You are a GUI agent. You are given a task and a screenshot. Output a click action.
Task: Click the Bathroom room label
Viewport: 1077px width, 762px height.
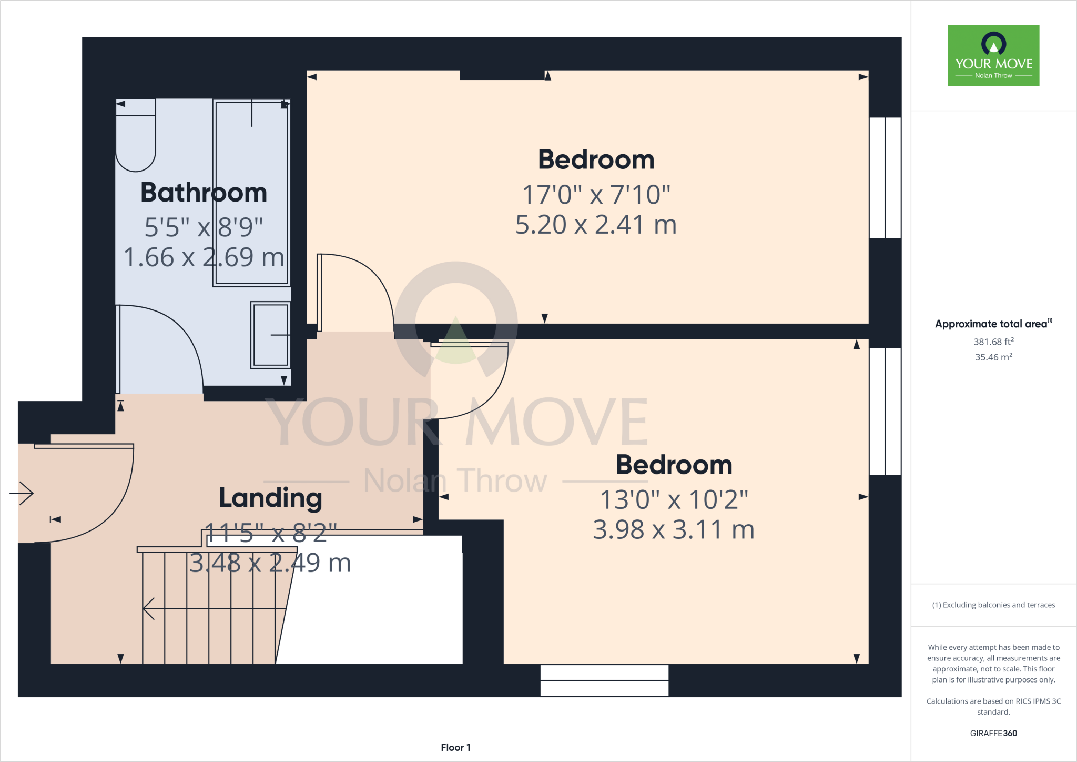(204, 193)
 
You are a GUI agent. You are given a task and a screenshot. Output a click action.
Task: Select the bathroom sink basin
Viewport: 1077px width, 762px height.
(270, 335)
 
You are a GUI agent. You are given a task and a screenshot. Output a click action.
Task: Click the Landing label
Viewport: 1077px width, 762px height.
(270, 498)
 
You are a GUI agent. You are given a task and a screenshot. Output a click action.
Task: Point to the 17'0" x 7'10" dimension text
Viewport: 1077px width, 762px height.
(596, 195)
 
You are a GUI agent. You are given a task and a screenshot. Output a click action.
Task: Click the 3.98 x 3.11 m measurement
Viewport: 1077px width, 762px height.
(674, 530)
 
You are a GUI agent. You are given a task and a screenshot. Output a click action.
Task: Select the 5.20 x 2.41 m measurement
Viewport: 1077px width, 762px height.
(596, 225)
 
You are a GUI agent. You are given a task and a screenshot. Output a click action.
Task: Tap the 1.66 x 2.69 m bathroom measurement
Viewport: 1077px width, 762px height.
(204, 258)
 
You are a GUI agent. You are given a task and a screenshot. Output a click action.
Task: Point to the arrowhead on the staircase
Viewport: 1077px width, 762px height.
(149, 609)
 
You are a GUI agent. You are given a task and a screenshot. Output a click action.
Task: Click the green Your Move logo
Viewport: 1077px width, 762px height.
(993, 55)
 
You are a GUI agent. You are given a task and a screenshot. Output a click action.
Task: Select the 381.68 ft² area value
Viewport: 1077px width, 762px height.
(993, 342)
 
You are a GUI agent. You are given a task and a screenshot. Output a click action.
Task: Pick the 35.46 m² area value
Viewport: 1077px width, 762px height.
(993, 357)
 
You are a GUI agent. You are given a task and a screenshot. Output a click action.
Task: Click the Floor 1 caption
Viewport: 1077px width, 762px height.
(455, 747)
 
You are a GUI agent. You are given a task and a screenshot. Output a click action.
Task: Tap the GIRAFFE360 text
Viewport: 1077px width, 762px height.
(993, 733)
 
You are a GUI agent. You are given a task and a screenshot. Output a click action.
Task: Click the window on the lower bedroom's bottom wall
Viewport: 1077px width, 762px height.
(604, 680)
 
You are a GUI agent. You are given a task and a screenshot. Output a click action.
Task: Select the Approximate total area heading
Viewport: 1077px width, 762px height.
(992, 324)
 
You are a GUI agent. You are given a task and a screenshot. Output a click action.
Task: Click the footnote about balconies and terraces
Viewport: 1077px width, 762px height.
(993, 605)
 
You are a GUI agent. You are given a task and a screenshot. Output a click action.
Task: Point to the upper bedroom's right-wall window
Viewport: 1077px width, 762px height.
(885, 177)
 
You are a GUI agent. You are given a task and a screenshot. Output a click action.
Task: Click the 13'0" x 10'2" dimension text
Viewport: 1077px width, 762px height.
(674, 500)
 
